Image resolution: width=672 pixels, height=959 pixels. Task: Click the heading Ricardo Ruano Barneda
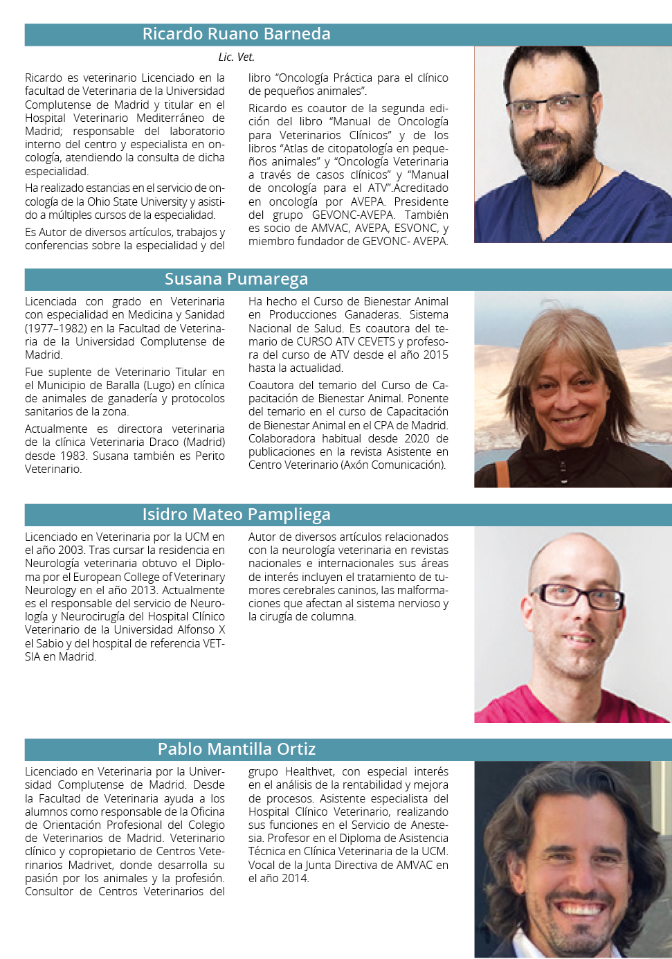point(236,34)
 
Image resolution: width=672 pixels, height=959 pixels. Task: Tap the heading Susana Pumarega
point(236,279)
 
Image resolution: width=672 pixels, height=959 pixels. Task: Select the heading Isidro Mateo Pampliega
point(236,514)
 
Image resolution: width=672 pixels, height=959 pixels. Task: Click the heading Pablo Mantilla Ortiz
point(236,749)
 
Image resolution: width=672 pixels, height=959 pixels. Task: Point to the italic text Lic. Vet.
point(236,57)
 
